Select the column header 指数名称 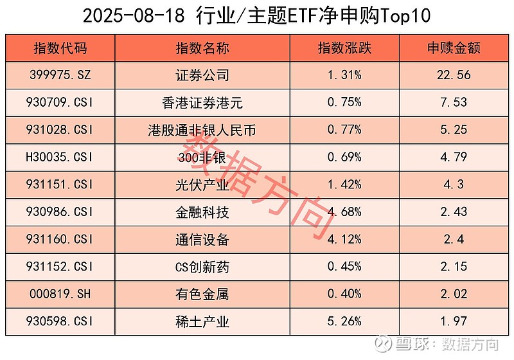[202, 48]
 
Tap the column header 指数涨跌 [344, 48]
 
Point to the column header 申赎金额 [454, 48]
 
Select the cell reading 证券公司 [202, 75]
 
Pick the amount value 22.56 [454, 75]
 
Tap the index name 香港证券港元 [202, 102]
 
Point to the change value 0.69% [344, 157]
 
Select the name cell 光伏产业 [202, 184]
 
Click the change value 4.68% [344, 212]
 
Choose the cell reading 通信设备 [202, 239]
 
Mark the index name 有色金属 [202, 294]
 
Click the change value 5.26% [344, 321]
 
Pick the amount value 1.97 [454, 321]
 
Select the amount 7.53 [454, 102]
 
